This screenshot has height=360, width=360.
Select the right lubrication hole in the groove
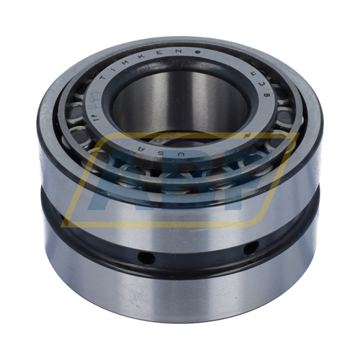(x=250, y=248)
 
